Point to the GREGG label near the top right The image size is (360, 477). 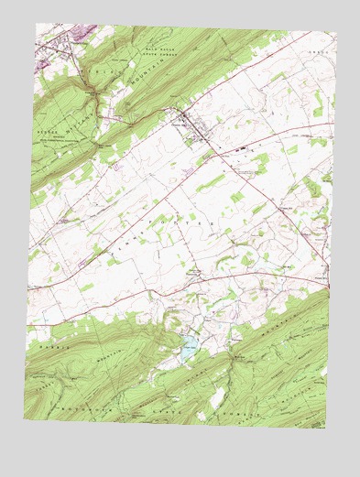tap(317, 53)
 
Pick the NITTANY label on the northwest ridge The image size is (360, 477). tap(92, 70)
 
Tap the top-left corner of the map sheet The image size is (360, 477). tap(37, 23)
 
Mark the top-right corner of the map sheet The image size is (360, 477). tap(336, 35)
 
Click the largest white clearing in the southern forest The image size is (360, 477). tap(217, 396)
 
